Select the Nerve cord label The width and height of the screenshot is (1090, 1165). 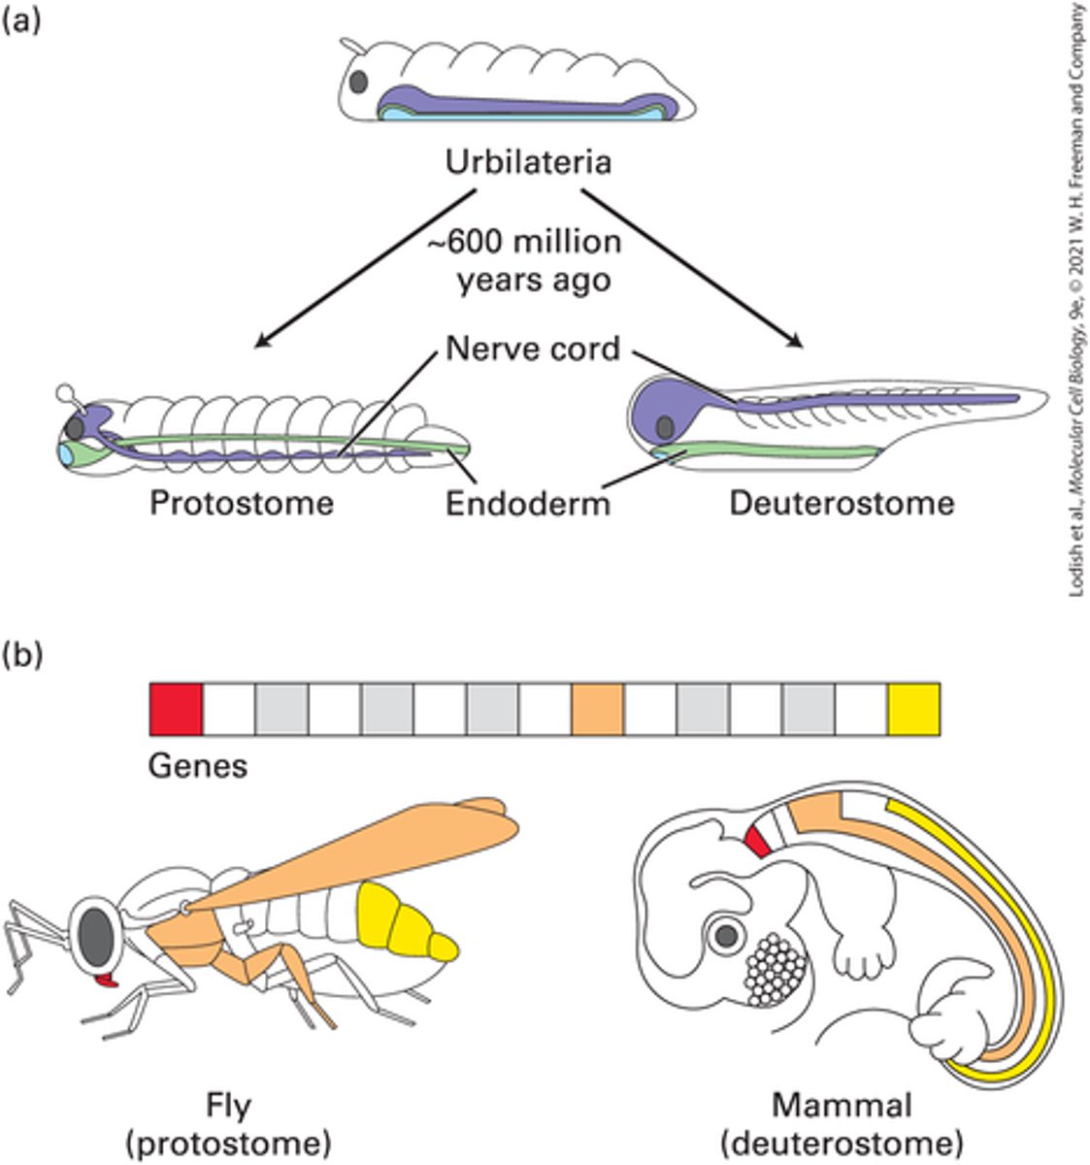(533, 348)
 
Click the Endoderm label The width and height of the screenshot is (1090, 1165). (528, 504)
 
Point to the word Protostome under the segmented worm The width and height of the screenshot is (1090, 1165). (241, 503)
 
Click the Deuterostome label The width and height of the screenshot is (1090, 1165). (842, 503)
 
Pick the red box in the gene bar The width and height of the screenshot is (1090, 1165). (176, 709)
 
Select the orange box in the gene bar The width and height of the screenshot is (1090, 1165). (598, 709)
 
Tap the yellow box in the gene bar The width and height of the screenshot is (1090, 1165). (913, 709)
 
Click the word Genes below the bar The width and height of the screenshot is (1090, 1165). (198, 766)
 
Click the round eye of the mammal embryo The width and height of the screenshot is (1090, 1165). (725, 936)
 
